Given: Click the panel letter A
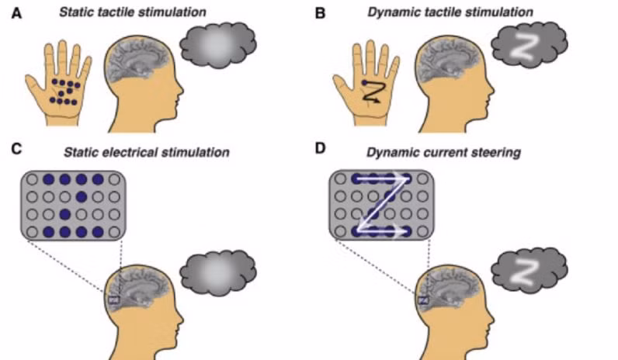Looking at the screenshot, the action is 16,14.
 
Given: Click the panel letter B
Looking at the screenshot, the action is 320,14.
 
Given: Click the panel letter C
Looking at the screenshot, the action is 16,149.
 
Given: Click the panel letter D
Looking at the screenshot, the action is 320,148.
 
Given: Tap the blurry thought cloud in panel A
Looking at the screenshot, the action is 218,45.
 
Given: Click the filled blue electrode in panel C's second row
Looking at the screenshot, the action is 82,196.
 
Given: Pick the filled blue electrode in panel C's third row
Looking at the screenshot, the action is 65,215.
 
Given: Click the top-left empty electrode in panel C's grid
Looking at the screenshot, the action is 32,179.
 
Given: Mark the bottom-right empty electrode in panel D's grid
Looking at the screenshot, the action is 422,232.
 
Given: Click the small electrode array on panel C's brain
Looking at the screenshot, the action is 114,299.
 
